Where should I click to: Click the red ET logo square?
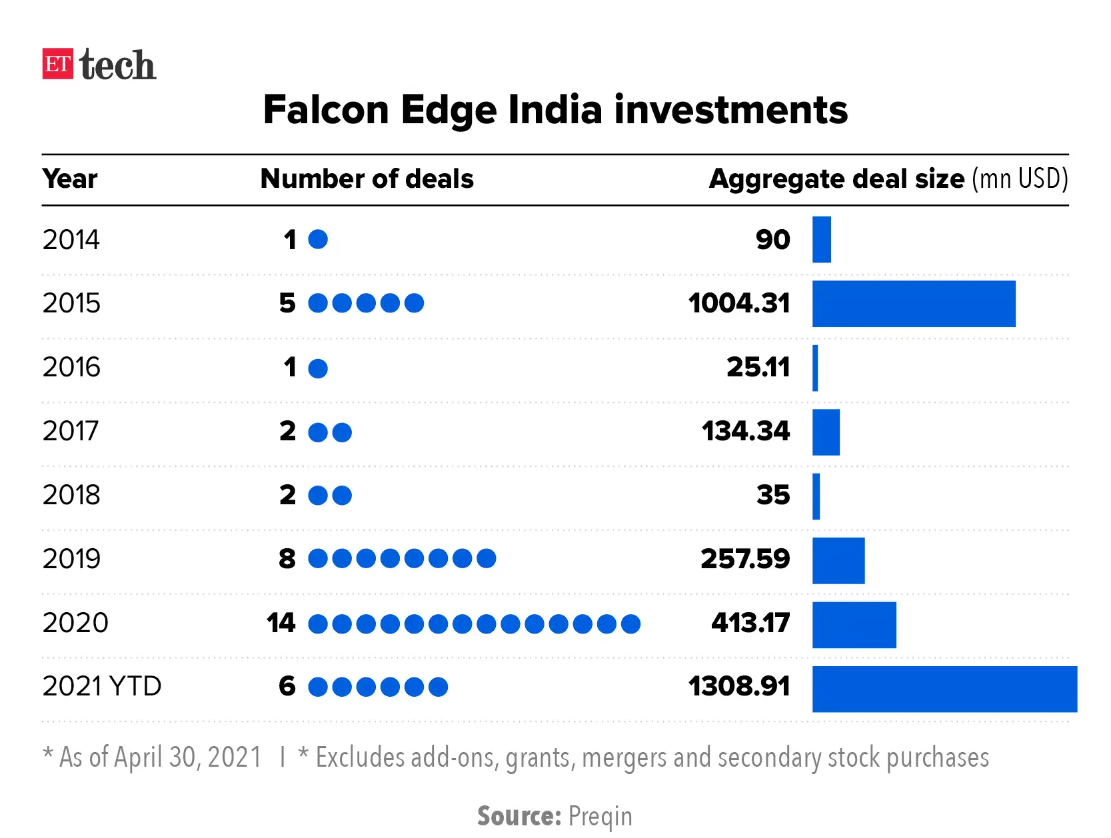(57, 64)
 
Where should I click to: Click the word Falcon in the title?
(326, 110)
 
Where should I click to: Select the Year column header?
(69, 179)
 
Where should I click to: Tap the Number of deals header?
(367, 179)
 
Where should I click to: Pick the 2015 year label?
(71, 303)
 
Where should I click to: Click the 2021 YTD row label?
(102, 686)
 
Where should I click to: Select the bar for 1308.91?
(944, 689)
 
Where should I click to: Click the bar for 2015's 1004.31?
(913, 304)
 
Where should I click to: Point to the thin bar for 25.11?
(815, 368)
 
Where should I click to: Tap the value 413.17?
(750, 623)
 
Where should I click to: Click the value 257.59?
(744, 559)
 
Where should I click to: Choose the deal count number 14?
(281, 623)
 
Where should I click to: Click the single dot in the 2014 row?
(318, 239)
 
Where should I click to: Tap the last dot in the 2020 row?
(630, 624)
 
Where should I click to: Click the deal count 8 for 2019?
(287, 559)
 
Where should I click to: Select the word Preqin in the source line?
(600, 816)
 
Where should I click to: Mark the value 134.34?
(745, 431)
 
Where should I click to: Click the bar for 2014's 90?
(821, 240)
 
